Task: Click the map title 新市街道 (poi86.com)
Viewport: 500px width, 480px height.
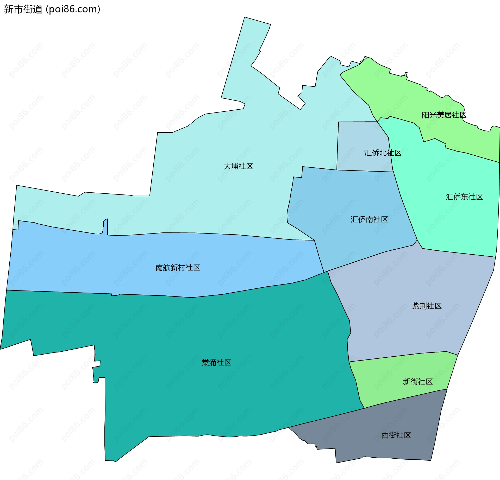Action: point(52,9)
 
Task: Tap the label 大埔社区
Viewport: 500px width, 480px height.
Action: point(238,166)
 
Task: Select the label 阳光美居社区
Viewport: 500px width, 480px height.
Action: point(444,115)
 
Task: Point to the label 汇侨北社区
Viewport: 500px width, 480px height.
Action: point(383,153)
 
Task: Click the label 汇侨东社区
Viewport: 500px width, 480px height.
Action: point(464,197)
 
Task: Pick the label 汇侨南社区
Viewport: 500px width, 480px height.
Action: point(369,219)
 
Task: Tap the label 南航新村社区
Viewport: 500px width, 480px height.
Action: point(178,268)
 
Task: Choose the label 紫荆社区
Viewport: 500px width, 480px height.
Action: point(427,306)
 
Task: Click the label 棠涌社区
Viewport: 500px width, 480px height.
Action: point(216,363)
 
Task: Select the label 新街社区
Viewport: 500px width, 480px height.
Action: point(418,382)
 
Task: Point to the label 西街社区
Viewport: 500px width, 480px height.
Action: point(396,435)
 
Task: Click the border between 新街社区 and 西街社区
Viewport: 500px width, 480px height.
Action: point(406,398)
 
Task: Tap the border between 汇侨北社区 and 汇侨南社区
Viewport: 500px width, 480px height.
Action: point(365,171)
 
